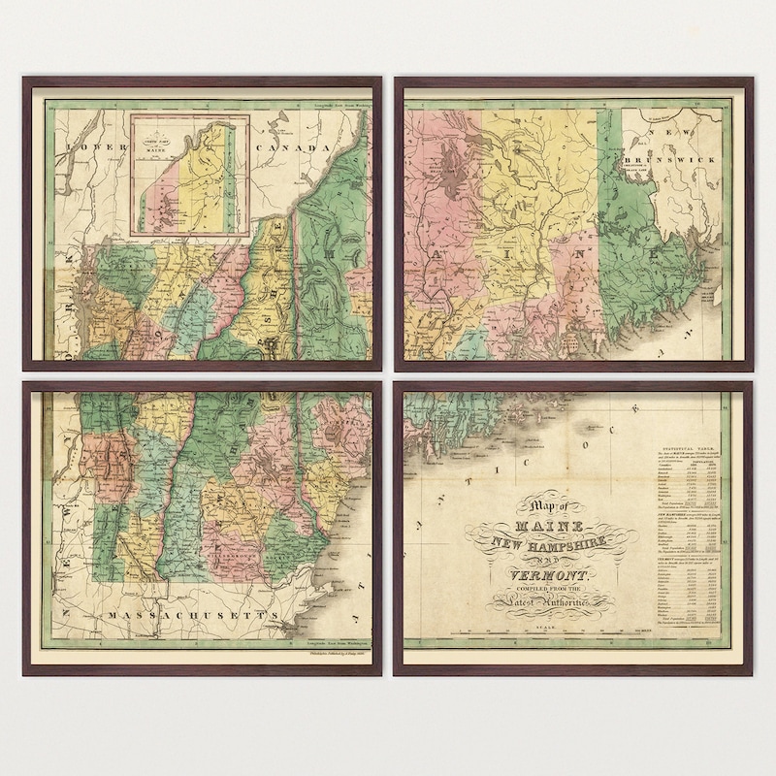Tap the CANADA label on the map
pos(290,147)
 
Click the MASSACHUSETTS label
pos(190,615)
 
